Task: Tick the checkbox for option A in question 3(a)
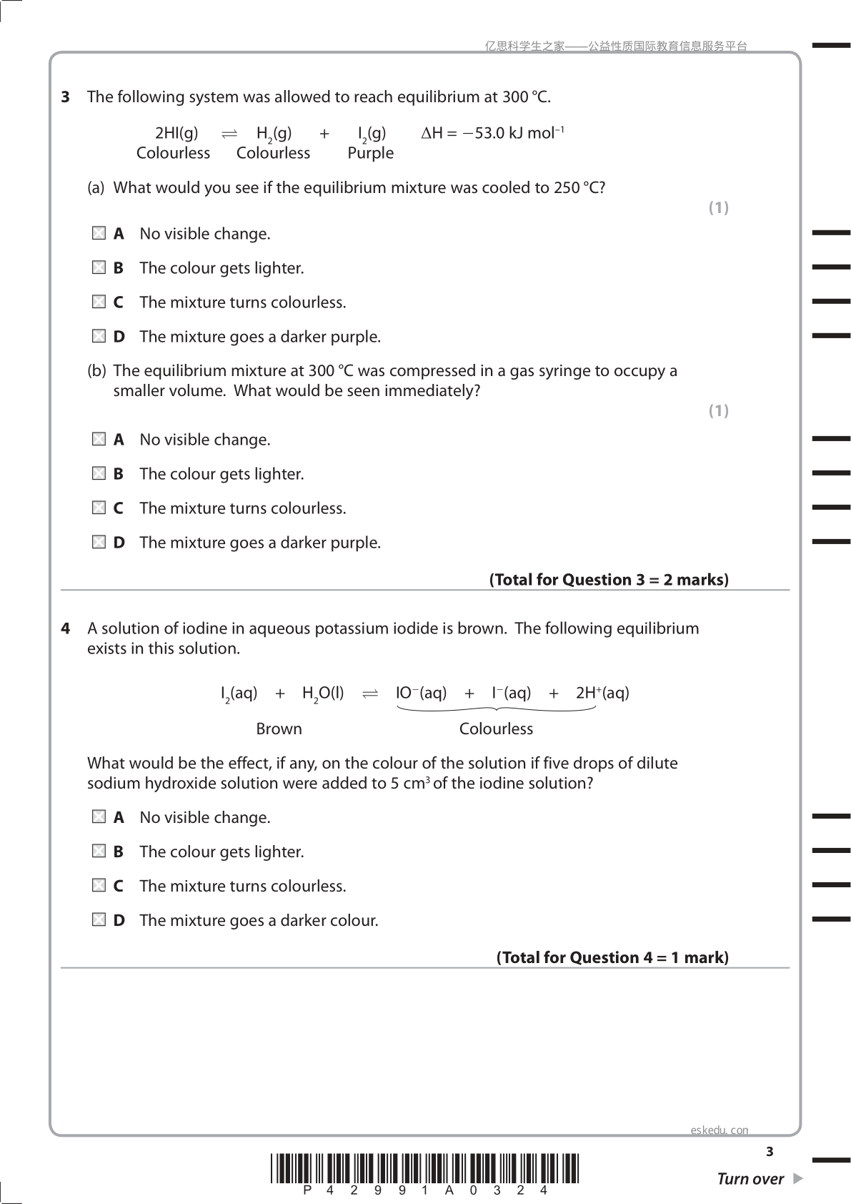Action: pyautogui.click(x=99, y=233)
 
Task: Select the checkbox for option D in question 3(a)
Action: pyautogui.click(x=99, y=336)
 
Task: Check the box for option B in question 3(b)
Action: pyautogui.click(x=99, y=473)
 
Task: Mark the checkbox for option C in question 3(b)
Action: pyautogui.click(x=99, y=508)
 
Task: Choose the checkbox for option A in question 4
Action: pyautogui.click(x=99, y=816)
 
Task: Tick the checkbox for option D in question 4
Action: pyautogui.click(x=99, y=919)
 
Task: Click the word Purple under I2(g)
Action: pyautogui.click(x=370, y=153)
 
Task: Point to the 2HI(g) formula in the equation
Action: pyautogui.click(x=176, y=133)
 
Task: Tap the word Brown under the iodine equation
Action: pyautogui.click(x=279, y=729)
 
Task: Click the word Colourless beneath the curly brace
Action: pyautogui.click(x=496, y=729)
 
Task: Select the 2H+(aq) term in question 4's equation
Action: pyautogui.click(x=602, y=693)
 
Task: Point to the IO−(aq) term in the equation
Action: pyautogui.click(x=422, y=693)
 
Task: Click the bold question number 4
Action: pyautogui.click(x=66, y=628)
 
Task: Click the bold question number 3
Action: pyautogui.click(x=66, y=97)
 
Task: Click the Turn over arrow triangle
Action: pyautogui.click(x=798, y=1178)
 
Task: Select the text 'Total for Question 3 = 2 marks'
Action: pyautogui.click(x=609, y=580)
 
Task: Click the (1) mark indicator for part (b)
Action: pyautogui.click(x=718, y=410)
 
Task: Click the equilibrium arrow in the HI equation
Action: pyautogui.click(x=229, y=134)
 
